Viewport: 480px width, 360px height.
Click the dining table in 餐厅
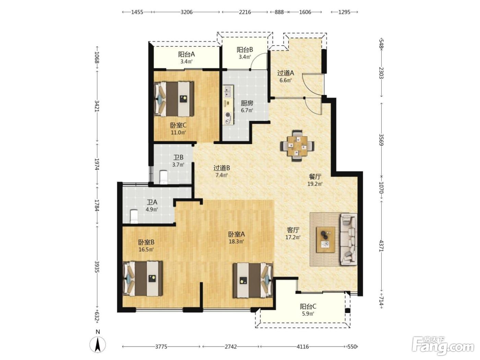297,146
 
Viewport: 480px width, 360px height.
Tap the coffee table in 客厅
326,240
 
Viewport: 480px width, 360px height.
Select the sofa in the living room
348,239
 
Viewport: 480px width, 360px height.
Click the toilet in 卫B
163,177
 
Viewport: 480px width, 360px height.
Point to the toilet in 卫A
134,216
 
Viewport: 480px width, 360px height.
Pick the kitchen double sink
228,92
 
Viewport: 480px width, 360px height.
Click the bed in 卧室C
174,99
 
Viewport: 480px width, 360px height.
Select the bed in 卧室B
143,278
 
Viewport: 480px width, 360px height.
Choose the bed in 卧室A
253,280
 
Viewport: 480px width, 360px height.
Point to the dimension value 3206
186,12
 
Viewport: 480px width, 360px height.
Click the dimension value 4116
303,346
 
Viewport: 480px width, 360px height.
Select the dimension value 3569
381,140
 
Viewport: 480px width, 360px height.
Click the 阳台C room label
308,307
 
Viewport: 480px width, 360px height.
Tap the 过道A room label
286,73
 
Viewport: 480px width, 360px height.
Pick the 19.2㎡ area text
315,184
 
